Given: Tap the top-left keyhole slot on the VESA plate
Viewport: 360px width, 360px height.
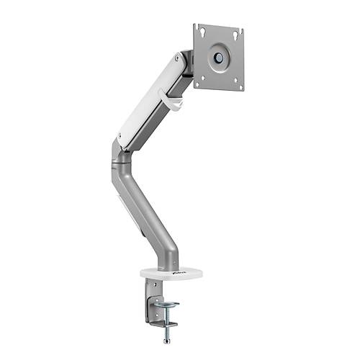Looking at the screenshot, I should (x=202, y=32).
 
